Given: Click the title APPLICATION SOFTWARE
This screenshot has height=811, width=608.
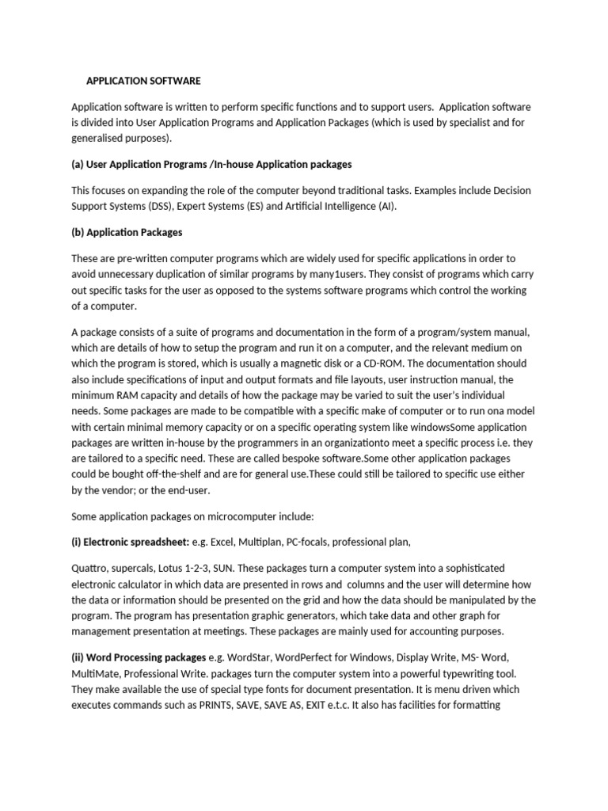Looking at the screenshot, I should coord(143,81).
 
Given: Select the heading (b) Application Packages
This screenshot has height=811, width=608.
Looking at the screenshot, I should coord(127,233).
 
